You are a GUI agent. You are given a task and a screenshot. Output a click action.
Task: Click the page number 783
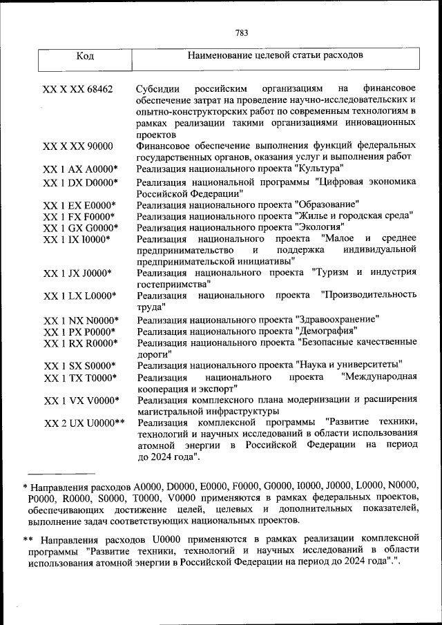(241, 32)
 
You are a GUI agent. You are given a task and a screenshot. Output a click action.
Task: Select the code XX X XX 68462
(78, 90)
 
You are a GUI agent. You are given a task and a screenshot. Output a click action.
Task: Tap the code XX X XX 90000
(78, 146)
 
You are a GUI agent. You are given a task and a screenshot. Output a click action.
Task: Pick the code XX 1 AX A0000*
(80, 169)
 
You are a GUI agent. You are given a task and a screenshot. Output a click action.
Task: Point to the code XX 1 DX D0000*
(80, 183)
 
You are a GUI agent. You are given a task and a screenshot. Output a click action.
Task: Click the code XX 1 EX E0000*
(80, 205)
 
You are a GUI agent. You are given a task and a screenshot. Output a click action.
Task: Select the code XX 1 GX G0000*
(80, 228)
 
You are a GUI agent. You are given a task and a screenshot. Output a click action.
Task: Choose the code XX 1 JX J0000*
(80, 273)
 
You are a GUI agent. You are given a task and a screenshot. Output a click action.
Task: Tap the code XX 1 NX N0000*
(81, 320)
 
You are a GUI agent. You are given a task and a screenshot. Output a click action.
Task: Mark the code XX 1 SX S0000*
(80, 366)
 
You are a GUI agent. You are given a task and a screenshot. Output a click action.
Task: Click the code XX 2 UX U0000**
(84, 423)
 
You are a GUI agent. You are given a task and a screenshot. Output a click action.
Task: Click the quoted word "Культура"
(318, 169)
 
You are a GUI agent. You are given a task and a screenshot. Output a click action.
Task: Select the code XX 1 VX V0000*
(81, 401)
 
